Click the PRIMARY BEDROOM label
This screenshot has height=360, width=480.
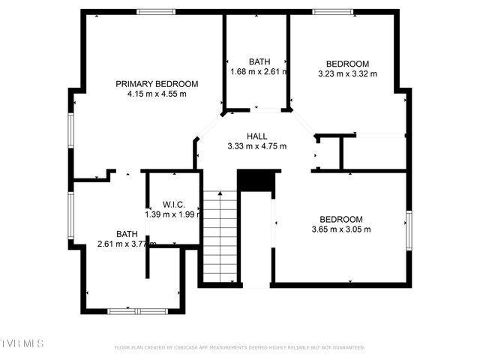click(x=157, y=84)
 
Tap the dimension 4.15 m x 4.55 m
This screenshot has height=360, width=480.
click(x=157, y=94)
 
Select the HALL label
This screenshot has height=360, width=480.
click(x=256, y=136)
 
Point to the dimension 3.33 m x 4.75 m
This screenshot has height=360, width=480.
click(x=256, y=146)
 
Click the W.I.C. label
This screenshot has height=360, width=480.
click(x=173, y=205)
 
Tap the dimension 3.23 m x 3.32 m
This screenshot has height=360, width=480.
click(x=347, y=73)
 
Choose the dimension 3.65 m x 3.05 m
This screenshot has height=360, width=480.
click(x=341, y=229)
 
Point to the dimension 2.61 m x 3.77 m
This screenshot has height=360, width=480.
click(x=125, y=244)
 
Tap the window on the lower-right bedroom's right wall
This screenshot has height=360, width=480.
click(x=409, y=229)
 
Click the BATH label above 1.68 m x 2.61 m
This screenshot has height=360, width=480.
click(x=259, y=62)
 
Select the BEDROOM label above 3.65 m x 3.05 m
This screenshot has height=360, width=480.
click(x=341, y=220)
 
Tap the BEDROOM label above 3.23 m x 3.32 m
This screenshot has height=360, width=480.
click(x=347, y=64)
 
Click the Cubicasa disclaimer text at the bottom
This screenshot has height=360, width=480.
click(x=239, y=348)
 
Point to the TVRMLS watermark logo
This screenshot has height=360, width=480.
click(x=22, y=343)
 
